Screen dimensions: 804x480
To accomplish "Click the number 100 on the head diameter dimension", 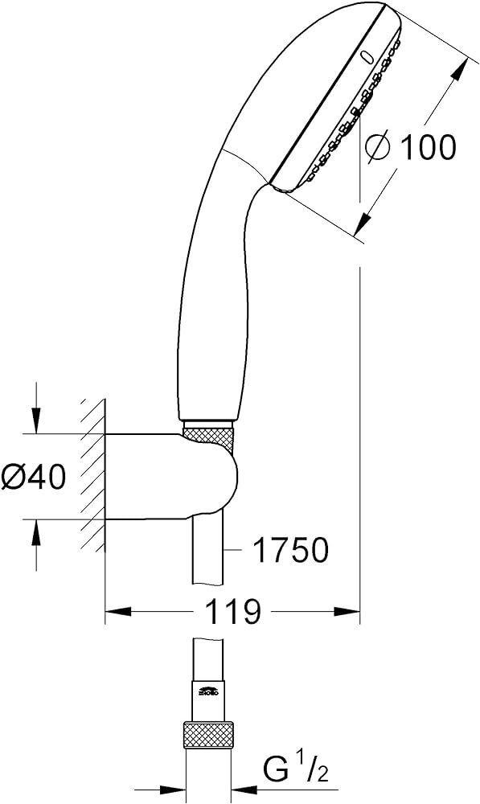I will point(427,147).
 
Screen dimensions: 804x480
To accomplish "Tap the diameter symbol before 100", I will point(378,147).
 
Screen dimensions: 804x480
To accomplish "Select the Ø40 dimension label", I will point(33,478).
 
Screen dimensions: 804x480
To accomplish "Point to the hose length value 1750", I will point(291,551).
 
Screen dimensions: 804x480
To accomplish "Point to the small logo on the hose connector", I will point(208,690).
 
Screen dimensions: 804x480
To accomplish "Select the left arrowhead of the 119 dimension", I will point(117,613).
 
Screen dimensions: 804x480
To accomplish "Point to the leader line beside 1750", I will point(233,551).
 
